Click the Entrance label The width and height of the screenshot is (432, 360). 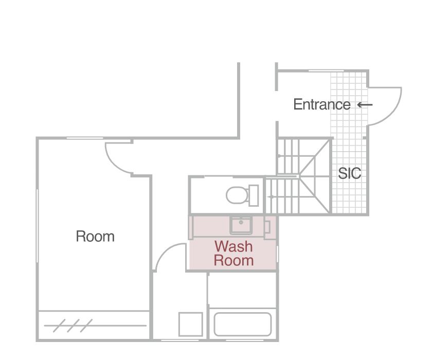[x=322, y=104]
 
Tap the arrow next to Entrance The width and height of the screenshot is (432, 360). [x=365, y=105]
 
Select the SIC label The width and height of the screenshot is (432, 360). [x=350, y=173]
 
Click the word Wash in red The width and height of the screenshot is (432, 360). [x=233, y=246]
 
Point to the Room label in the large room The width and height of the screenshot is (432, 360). [x=95, y=237]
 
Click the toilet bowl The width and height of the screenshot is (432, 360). [x=237, y=195]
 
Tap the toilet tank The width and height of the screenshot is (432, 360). [x=254, y=195]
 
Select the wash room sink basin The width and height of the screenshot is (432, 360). [x=241, y=225]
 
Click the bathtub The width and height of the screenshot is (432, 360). [x=243, y=324]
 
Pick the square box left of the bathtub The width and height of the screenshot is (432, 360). [x=191, y=324]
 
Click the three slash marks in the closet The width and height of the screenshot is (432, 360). [x=73, y=326]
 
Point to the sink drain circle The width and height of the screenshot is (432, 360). [x=241, y=222]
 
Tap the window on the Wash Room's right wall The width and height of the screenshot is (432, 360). [x=277, y=254]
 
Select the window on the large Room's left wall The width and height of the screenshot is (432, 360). [x=37, y=226]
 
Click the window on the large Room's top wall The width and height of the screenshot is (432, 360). [x=85, y=138]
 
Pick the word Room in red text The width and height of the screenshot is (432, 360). [x=233, y=260]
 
